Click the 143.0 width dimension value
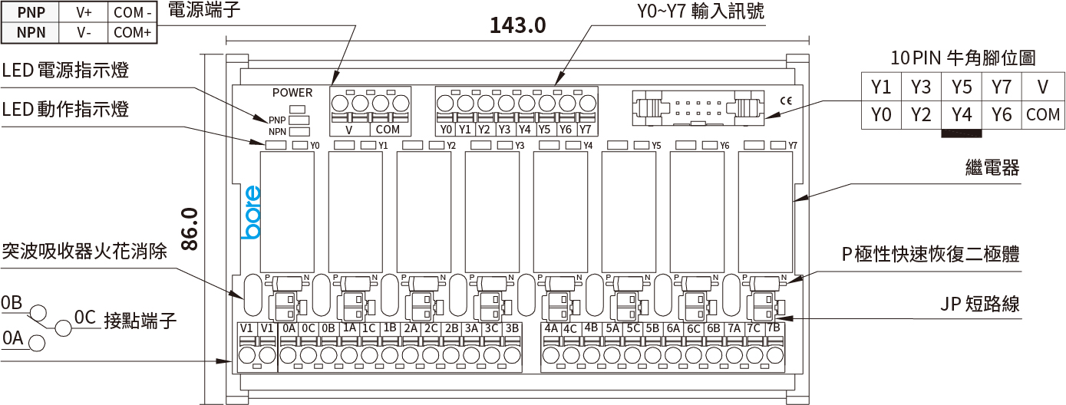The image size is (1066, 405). (518, 25)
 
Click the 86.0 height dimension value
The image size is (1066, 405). (190, 229)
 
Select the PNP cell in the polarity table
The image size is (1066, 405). (31, 12)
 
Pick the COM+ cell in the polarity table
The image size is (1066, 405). (132, 32)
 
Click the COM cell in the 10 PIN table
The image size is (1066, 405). (1042, 115)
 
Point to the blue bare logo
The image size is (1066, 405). (252, 212)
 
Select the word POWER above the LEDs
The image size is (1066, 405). (292, 93)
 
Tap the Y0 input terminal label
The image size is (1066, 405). (447, 130)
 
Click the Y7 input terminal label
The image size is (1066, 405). (585, 130)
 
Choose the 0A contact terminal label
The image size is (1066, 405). (289, 328)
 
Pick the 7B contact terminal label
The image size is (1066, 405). (774, 328)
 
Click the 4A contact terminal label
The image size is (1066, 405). (551, 328)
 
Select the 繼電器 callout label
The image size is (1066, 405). (992, 168)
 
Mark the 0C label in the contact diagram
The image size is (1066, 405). (84, 316)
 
